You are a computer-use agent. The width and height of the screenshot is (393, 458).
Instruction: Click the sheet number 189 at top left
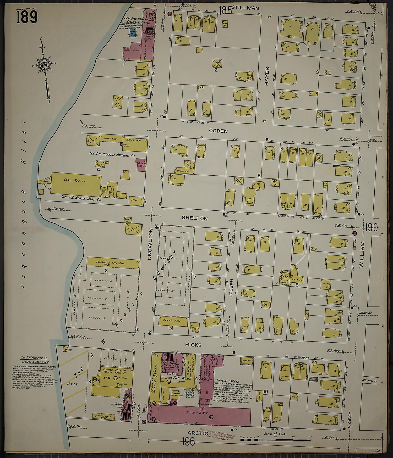(x=27, y=17)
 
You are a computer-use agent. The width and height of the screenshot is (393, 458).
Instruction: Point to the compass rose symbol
(x=44, y=64)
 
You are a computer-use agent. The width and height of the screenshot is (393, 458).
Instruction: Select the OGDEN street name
(x=218, y=131)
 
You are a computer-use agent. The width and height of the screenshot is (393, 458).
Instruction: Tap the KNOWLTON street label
(x=150, y=244)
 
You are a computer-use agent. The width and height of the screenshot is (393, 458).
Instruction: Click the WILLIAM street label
(x=362, y=254)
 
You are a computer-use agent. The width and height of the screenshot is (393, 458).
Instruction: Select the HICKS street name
(x=193, y=345)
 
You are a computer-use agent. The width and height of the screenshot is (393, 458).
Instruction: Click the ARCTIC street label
(x=197, y=433)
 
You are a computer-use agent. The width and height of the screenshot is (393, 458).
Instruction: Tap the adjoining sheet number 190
(x=372, y=228)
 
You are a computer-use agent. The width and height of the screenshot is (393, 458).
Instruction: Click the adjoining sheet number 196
(x=188, y=442)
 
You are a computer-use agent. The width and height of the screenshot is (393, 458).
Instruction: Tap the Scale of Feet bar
(x=275, y=440)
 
